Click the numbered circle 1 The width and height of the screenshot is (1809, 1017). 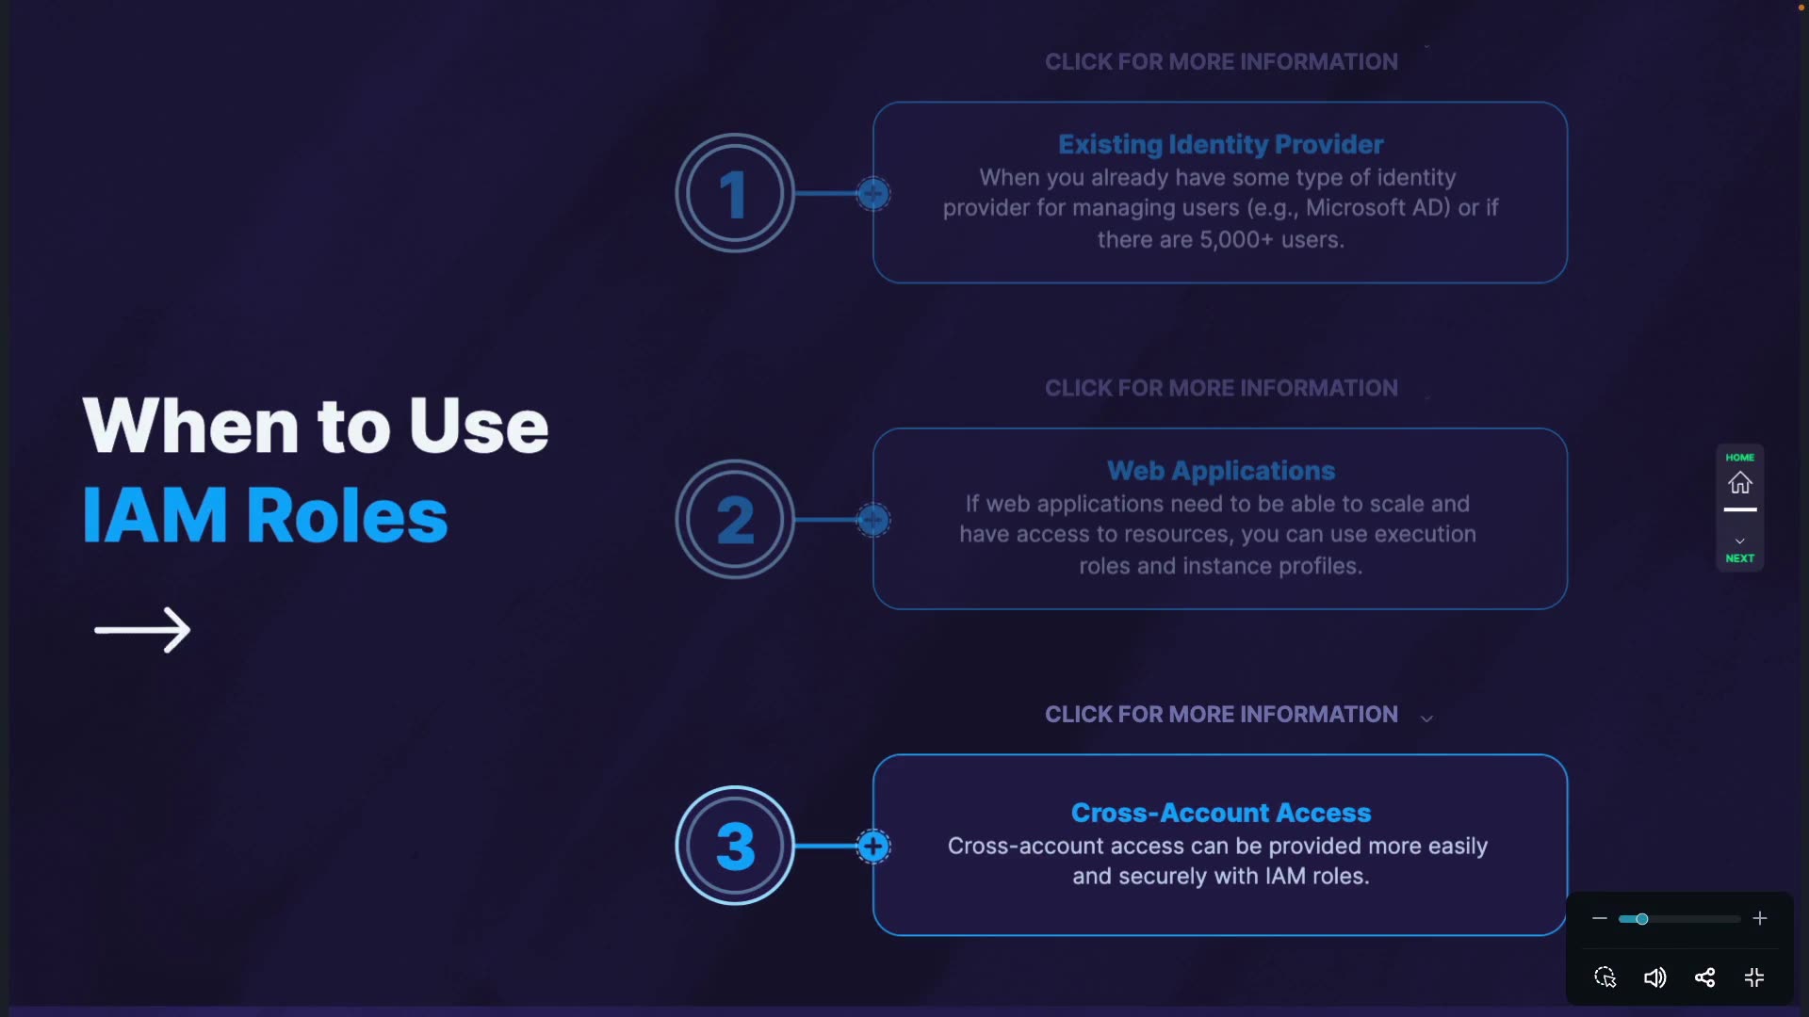735,193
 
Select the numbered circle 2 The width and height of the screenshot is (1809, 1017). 735,519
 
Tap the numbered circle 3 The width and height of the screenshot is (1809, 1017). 735,846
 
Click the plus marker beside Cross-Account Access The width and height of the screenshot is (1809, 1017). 873,846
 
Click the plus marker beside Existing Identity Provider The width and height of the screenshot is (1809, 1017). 873,193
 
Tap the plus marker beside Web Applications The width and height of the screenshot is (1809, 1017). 873,519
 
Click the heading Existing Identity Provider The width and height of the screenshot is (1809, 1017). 1220,144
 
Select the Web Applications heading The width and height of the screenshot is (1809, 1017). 1220,470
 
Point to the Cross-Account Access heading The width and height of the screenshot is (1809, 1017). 1220,812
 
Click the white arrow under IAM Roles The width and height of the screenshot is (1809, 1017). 142,629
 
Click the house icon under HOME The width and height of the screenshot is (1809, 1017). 1739,483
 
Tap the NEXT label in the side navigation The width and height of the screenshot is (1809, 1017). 1739,557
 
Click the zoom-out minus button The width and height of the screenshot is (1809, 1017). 1599,918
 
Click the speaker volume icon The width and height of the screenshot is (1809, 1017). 1654,977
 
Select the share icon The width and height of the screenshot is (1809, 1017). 1704,977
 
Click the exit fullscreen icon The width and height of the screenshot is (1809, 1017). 1754,977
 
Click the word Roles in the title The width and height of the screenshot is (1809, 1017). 347,515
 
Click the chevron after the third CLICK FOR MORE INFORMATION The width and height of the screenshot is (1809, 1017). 1426,718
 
